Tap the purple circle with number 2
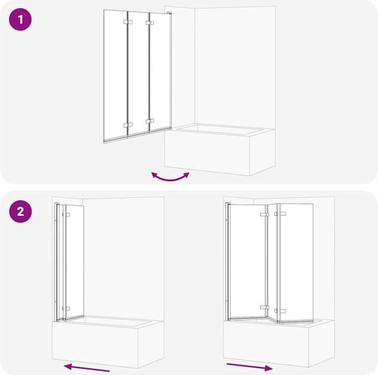[x=20, y=212]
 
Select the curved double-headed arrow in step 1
[x=170, y=176]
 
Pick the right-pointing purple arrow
[x=249, y=366]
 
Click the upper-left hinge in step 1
[x=126, y=23]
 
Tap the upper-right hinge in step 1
[x=150, y=23]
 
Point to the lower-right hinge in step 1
[x=150, y=122]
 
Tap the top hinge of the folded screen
[x=67, y=214]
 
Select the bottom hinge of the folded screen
[x=66, y=309]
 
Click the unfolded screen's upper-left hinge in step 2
[x=264, y=214]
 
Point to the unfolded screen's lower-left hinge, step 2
[x=264, y=307]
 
